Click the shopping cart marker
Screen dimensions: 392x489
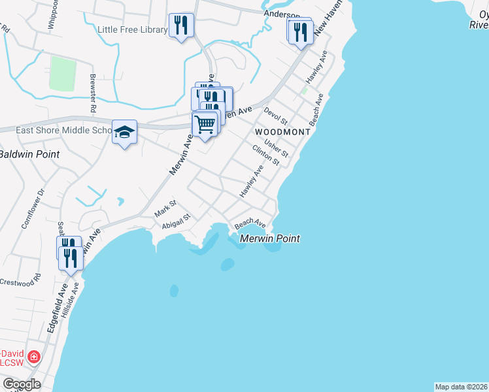(x=205, y=123)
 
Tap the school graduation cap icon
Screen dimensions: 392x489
(x=124, y=132)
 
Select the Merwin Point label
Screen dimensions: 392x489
(x=270, y=238)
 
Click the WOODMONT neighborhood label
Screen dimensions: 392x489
(x=282, y=132)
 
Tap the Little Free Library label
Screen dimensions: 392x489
(x=132, y=29)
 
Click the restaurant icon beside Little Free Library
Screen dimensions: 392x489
(x=181, y=26)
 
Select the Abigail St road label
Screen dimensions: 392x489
(x=176, y=221)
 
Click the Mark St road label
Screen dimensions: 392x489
(x=165, y=210)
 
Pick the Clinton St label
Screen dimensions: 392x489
(x=266, y=154)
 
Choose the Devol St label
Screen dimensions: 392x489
(x=275, y=116)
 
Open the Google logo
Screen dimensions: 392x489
(x=22, y=384)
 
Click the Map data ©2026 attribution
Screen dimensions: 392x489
(x=461, y=386)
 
